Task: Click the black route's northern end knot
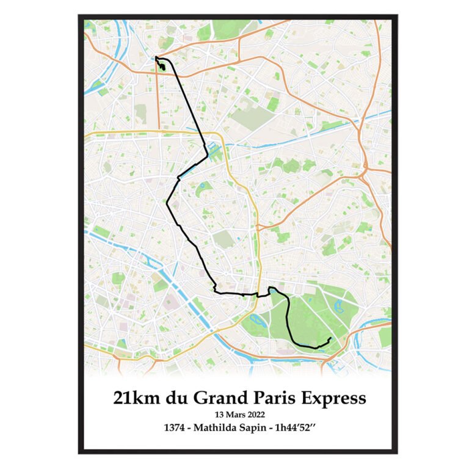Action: [x=161, y=64]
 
